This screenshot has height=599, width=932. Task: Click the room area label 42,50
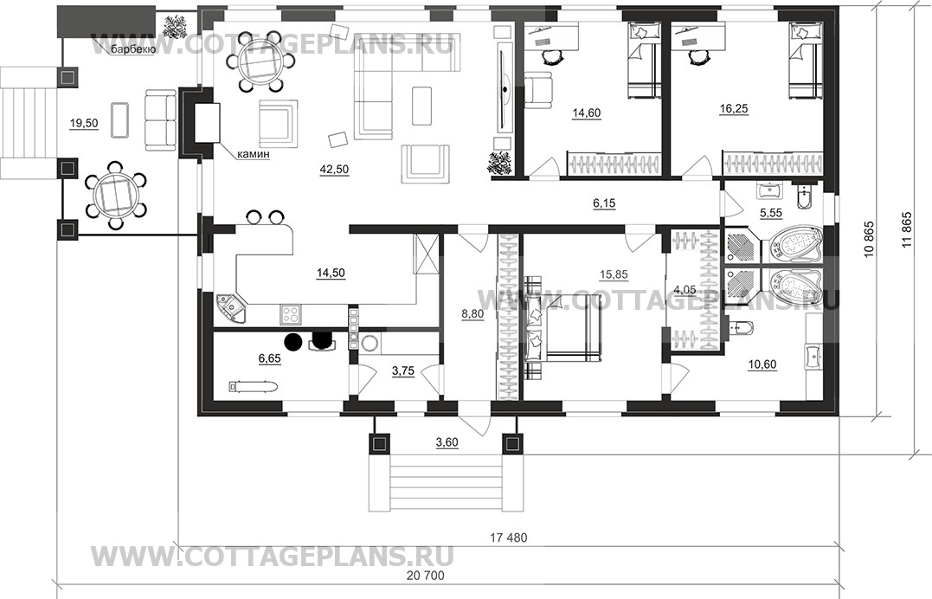click(x=334, y=170)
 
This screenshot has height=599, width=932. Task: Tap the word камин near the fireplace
click(x=254, y=155)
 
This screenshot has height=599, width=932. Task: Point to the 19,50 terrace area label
click(x=84, y=124)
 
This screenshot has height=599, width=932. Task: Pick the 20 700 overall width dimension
click(x=425, y=576)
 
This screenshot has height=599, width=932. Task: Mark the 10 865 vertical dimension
click(x=869, y=244)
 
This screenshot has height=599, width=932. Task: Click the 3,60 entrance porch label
click(x=447, y=442)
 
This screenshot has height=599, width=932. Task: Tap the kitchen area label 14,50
click(x=331, y=274)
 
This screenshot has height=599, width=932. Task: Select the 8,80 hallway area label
click(x=472, y=315)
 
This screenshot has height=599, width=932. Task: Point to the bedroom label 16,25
click(x=734, y=109)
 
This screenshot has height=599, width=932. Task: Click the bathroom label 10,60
click(x=762, y=364)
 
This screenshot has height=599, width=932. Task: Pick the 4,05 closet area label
click(x=685, y=290)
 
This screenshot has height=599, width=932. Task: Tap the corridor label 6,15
click(x=604, y=203)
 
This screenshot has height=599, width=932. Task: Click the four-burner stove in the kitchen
click(x=291, y=315)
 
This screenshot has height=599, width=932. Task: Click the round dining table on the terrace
click(x=116, y=195)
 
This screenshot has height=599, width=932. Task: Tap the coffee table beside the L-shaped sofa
click(x=421, y=106)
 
